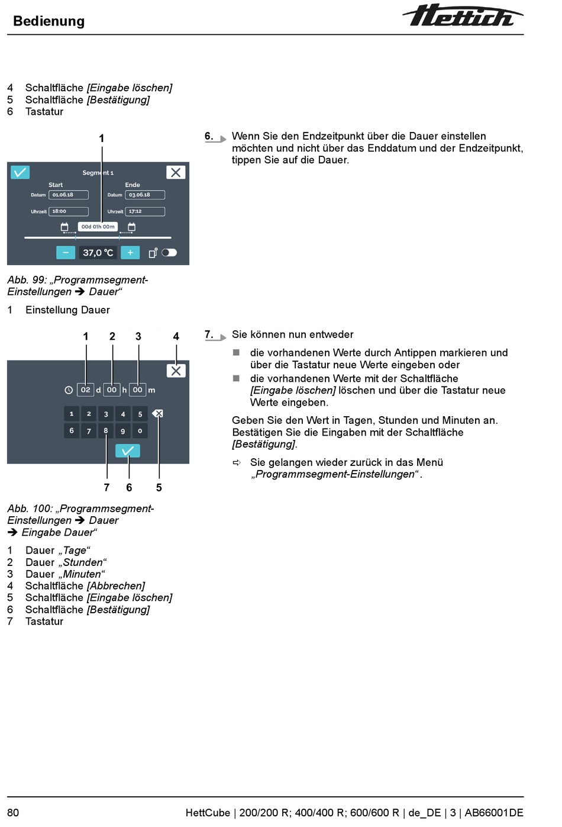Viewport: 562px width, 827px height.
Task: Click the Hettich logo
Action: tap(463, 16)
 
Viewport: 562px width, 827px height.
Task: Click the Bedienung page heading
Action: tap(49, 21)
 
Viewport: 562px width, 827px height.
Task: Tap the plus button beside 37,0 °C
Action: tap(130, 253)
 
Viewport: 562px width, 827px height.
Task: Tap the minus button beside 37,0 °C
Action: tap(66, 253)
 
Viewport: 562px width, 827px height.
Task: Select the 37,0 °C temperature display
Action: tap(98, 253)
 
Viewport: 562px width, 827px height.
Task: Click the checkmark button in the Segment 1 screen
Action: tap(20, 172)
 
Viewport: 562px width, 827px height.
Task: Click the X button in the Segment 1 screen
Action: tap(176, 172)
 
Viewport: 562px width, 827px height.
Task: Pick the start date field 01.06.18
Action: tap(69, 195)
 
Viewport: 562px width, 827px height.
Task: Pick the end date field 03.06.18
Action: tap(145, 195)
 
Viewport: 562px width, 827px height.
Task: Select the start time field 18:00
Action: tap(69, 211)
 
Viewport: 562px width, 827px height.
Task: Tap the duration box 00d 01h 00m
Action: tap(98, 227)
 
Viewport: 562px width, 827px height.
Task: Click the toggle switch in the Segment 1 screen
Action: tap(169, 253)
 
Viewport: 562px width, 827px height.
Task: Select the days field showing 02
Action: tap(86, 390)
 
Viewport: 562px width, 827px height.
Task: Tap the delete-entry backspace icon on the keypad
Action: tap(157, 413)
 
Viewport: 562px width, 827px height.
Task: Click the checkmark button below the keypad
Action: tap(128, 451)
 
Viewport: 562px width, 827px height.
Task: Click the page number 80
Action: tap(13, 813)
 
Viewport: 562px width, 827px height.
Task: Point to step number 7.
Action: tap(208, 334)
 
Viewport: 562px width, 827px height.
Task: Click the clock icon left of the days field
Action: tap(69, 390)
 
